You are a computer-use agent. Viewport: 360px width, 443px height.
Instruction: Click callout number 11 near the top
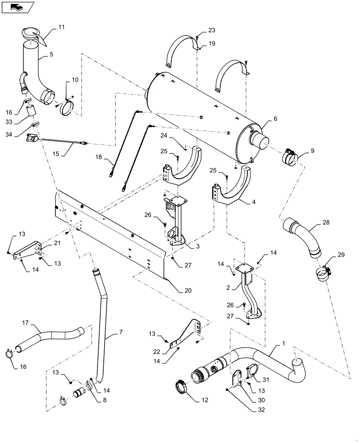click(x=61, y=27)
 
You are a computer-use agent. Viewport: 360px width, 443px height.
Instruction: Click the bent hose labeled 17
click(x=49, y=338)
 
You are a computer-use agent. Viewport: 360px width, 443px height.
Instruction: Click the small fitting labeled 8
click(x=80, y=392)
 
